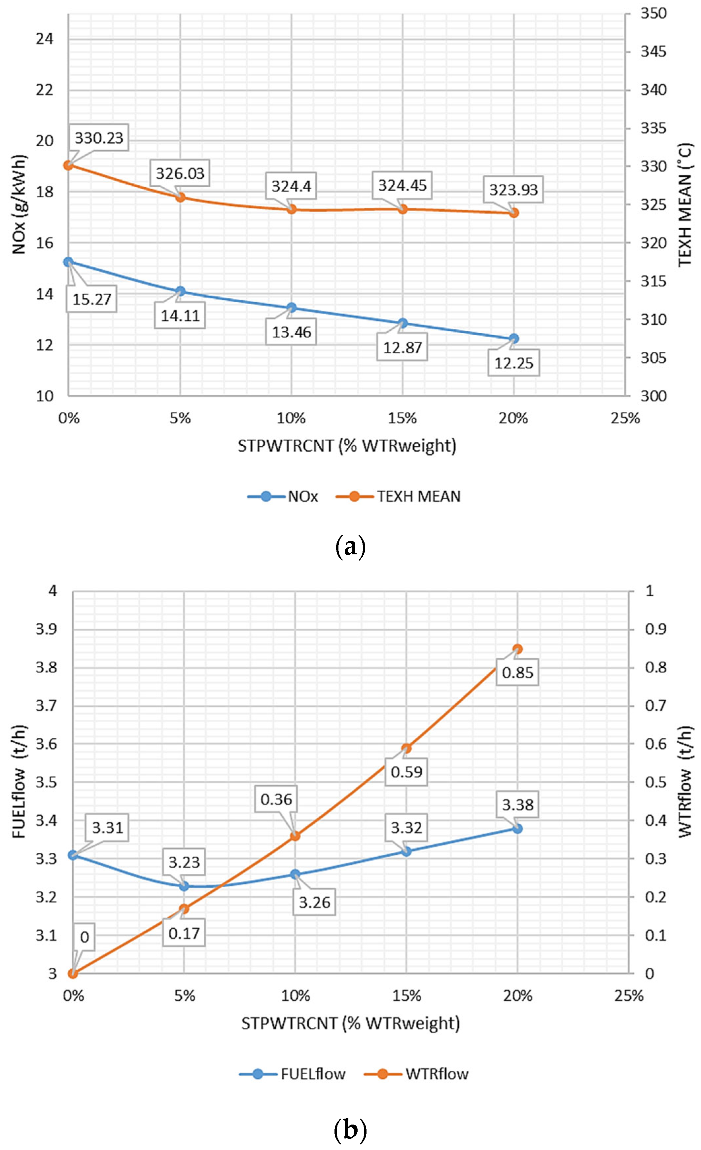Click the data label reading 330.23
99,138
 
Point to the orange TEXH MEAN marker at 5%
181,197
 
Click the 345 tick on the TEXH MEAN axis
653,51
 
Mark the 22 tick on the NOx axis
45,90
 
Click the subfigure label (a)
350,547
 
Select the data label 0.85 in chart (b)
517,673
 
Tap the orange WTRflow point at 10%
295,836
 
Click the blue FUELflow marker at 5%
184,886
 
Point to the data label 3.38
517,805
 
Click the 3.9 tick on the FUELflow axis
46,629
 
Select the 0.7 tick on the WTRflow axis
655,705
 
